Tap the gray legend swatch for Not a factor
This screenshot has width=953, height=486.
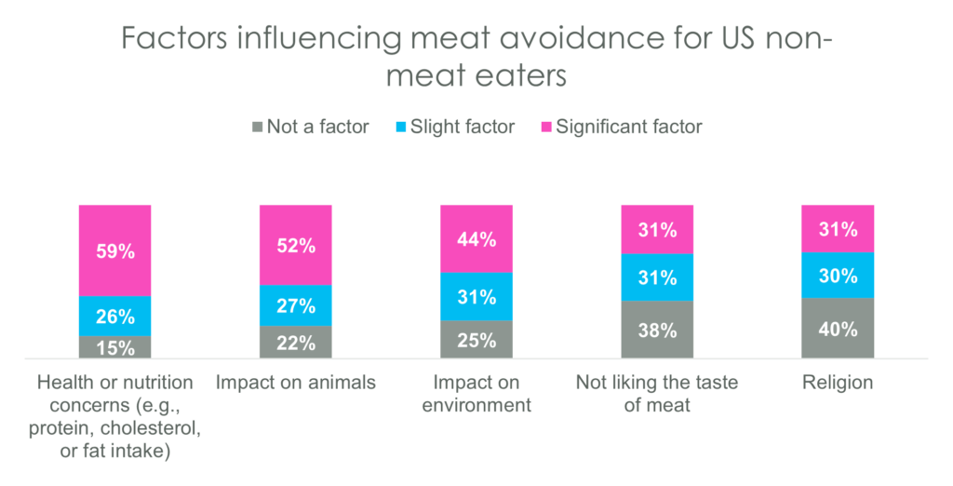[x=257, y=127]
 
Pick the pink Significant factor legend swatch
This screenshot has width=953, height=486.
[x=545, y=127]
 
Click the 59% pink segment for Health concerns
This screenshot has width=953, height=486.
[x=114, y=250]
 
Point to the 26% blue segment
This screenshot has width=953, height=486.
[x=114, y=316]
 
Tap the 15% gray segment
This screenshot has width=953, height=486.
[x=114, y=347]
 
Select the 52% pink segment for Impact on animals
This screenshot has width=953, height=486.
[x=295, y=244]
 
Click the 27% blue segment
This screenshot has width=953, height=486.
[x=295, y=305]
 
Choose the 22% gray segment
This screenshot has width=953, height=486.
[x=295, y=342]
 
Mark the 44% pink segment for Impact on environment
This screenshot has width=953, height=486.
[x=476, y=238]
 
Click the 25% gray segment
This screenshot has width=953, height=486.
[x=476, y=339]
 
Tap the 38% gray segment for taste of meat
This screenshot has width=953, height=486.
[x=657, y=330]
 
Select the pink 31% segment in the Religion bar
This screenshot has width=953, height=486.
[x=838, y=228]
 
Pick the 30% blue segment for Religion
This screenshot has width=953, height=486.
[x=838, y=275]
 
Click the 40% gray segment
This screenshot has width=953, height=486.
[x=838, y=328]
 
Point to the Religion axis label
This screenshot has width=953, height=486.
[x=838, y=383]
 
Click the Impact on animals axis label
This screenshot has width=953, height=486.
[x=295, y=383]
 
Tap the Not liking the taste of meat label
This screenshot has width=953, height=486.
[x=657, y=394]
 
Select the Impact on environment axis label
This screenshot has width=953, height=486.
[x=476, y=394]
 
